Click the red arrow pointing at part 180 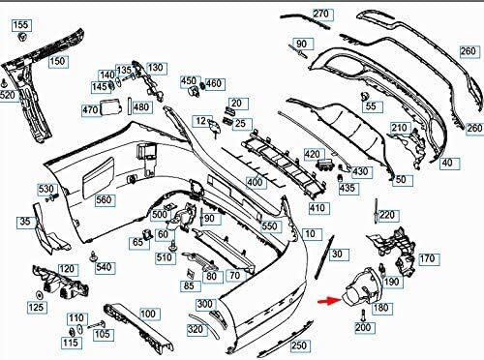[x=329, y=301]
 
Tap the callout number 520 [x=7, y=96]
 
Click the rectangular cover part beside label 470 [x=111, y=107]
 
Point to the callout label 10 [x=311, y=234]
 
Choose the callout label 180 [x=381, y=308]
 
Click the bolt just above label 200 [x=363, y=315]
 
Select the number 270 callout [x=321, y=14]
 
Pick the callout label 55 [x=372, y=106]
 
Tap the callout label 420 [x=313, y=155]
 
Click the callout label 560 [x=105, y=200]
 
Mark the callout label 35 [x=26, y=222]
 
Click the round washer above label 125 [x=39, y=295]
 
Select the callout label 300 [x=205, y=305]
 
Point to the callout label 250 [x=300, y=345]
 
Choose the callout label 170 [x=429, y=258]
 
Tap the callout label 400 [x=256, y=183]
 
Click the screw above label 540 [x=94, y=256]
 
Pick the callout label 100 [x=149, y=314]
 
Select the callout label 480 [x=141, y=106]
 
